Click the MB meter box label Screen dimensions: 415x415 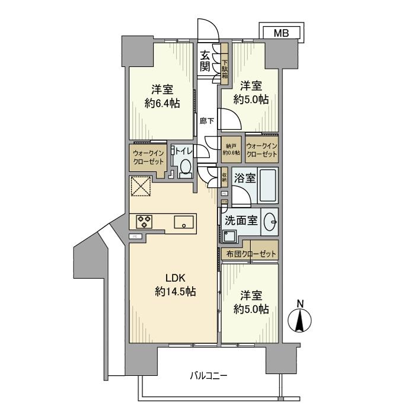click(x=281, y=34)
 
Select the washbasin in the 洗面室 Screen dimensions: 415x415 click(x=271, y=221)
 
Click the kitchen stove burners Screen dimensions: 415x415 click(x=144, y=222)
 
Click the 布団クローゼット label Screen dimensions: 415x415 click(x=251, y=254)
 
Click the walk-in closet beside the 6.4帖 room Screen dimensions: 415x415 click(x=148, y=158)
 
